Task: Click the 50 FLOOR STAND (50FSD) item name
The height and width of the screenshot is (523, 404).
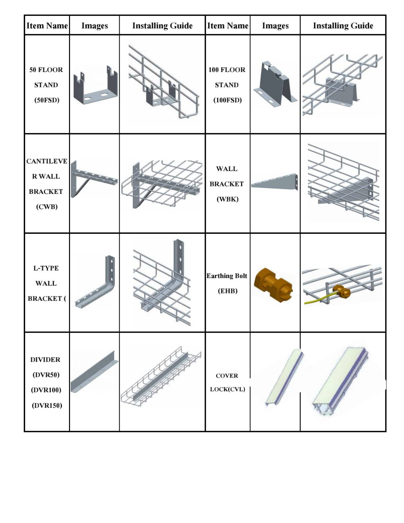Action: coord(46,85)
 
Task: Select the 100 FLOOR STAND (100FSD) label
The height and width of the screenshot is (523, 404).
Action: coord(227,85)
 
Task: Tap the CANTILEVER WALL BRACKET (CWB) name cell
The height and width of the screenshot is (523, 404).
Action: coord(46,184)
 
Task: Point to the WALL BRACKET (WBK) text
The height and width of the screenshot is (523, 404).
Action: coord(227,184)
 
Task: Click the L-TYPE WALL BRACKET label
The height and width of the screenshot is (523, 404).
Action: coord(46,283)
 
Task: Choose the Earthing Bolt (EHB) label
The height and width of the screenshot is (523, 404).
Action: coord(227,283)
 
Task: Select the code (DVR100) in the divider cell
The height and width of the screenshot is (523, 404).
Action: coord(46,390)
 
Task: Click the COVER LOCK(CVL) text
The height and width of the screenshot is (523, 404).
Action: coord(227,382)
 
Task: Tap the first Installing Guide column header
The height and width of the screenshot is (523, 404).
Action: coord(162,26)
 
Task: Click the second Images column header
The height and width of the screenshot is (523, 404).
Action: coord(275,26)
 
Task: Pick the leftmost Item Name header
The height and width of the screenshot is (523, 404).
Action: coord(47,26)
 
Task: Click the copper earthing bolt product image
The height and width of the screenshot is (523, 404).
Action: coord(273,283)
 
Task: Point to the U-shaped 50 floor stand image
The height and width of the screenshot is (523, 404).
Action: coord(95,86)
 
